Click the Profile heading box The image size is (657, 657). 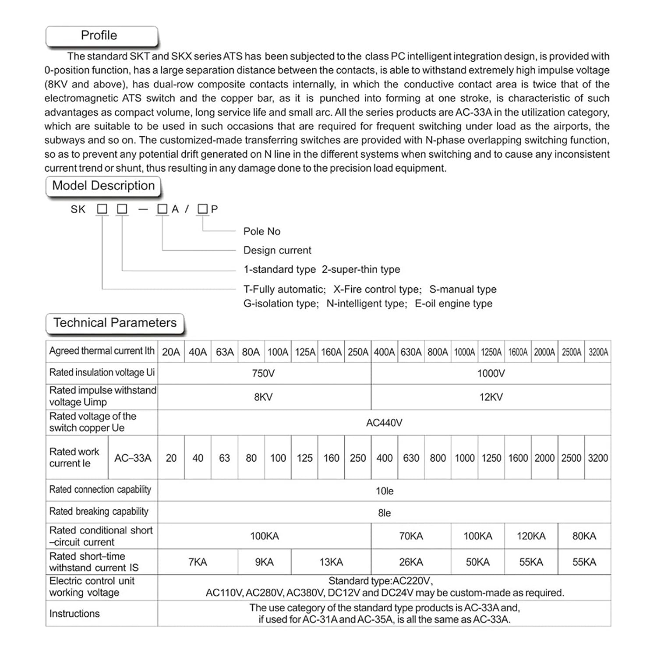pyautogui.click(x=101, y=36)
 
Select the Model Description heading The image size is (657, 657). pyautogui.click(x=103, y=186)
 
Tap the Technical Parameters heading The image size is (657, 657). pyautogui.click(x=115, y=323)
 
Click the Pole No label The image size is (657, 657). pyautogui.click(x=262, y=231)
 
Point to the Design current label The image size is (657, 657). pyautogui.click(x=277, y=250)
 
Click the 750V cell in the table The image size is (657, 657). pyautogui.click(x=263, y=374)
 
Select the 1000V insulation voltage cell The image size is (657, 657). pyautogui.click(x=491, y=374)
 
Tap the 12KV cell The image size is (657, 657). pyautogui.click(x=491, y=397)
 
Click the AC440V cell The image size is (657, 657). pyautogui.click(x=384, y=423)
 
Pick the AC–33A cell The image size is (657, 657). pyautogui.click(x=133, y=458)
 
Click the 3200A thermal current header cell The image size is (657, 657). pyautogui.click(x=598, y=352)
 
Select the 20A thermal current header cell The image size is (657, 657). pyautogui.click(x=171, y=352)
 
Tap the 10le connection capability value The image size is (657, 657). pyautogui.click(x=384, y=491)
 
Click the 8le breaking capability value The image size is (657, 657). pyautogui.click(x=384, y=513)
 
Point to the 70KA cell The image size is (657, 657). pyautogui.click(x=411, y=536)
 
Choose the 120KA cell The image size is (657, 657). pyautogui.click(x=531, y=536)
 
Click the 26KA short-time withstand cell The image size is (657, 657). pyautogui.click(x=411, y=562)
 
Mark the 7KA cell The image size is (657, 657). pyautogui.click(x=198, y=562)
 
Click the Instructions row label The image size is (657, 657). pyautogui.click(x=74, y=614)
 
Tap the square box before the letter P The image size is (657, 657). pyautogui.click(x=202, y=209)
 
